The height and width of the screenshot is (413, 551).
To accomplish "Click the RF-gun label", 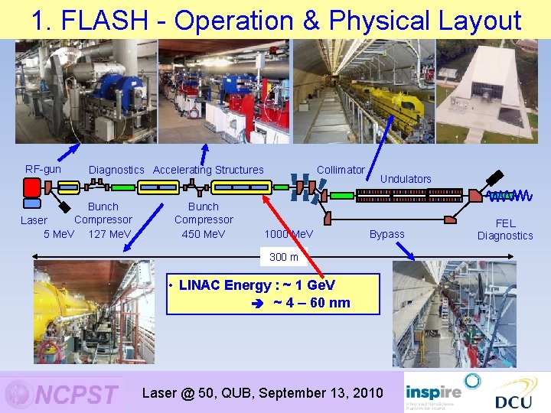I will click(x=43, y=169).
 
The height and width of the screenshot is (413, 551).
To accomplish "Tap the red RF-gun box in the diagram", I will click(x=32, y=187).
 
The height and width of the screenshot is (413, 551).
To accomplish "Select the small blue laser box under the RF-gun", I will click(x=32, y=204).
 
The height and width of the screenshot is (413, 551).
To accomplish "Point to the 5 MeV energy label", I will click(x=59, y=233).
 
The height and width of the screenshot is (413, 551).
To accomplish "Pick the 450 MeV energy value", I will click(x=204, y=233).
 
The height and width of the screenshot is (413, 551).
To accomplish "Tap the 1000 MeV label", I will click(x=289, y=233).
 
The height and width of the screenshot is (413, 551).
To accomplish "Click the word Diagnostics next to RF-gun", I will click(x=116, y=170).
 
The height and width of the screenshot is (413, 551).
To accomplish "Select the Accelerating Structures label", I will click(x=208, y=170).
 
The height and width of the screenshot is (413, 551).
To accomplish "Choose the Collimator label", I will click(x=341, y=170).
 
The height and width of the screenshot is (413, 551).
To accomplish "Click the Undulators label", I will click(x=406, y=179).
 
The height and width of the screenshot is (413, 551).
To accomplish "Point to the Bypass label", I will click(x=387, y=234).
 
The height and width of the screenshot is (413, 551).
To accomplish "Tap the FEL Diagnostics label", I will click(x=505, y=229).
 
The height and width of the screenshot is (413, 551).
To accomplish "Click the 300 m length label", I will click(x=284, y=257).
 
